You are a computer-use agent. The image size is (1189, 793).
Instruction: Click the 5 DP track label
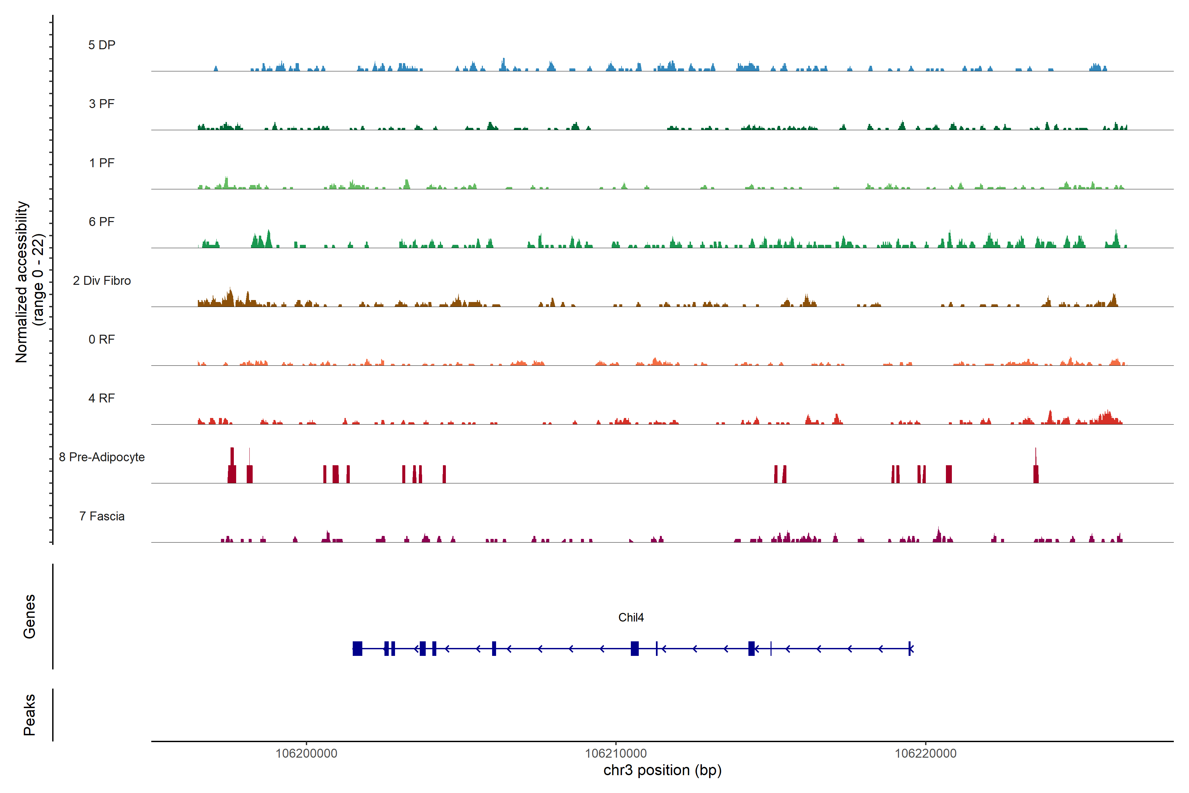(x=102, y=45)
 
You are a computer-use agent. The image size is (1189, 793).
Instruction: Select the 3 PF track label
(x=102, y=104)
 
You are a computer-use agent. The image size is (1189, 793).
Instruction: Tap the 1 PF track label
(x=102, y=163)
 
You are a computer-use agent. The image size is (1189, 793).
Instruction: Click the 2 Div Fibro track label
(x=102, y=281)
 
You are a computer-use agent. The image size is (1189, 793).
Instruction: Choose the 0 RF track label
(x=102, y=339)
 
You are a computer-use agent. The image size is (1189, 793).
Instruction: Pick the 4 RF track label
(x=102, y=398)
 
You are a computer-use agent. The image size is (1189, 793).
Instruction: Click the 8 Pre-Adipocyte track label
(x=102, y=457)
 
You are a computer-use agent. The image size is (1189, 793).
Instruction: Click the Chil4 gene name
(x=631, y=618)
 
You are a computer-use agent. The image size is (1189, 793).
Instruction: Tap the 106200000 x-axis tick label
(x=306, y=754)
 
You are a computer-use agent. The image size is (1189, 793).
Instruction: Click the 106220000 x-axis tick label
(x=926, y=754)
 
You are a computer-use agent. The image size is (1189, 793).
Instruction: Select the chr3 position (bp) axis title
(x=662, y=770)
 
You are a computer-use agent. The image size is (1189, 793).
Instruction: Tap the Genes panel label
(x=29, y=617)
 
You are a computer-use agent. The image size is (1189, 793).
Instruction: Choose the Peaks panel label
(x=29, y=715)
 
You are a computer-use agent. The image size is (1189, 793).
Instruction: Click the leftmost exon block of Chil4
(x=357, y=648)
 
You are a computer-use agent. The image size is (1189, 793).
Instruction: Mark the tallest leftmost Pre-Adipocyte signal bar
(x=232, y=465)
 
